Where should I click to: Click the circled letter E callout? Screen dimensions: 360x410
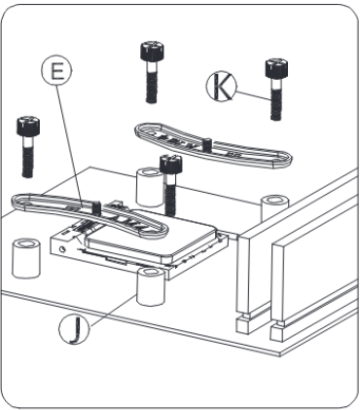(56, 70)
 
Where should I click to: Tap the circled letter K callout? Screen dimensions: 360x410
(222, 86)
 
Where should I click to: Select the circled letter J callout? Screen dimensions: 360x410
(74, 329)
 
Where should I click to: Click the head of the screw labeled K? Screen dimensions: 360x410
(276, 68)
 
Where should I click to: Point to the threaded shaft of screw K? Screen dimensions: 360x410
(276, 99)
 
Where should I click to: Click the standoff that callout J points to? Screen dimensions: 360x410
(151, 286)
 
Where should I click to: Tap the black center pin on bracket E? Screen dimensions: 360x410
(96, 207)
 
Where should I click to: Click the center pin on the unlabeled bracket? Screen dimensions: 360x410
(206, 144)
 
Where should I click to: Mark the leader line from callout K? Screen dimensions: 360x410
(254, 95)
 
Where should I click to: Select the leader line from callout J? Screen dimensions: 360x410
(113, 310)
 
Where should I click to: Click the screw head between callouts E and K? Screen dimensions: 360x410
(152, 51)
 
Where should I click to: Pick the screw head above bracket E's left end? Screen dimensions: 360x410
(28, 126)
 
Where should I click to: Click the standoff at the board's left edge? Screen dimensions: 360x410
(26, 258)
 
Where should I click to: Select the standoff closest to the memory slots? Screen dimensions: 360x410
(274, 207)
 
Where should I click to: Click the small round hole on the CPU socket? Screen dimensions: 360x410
(62, 249)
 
